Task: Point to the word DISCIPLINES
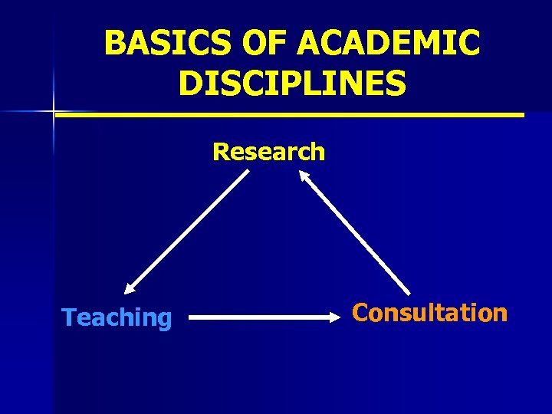pyautogui.click(x=292, y=84)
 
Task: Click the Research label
pyautogui.click(x=269, y=152)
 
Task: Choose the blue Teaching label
pyautogui.click(x=117, y=317)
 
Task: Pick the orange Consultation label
pyautogui.click(x=429, y=313)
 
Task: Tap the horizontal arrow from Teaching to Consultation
pyautogui.click(x=264, y=315)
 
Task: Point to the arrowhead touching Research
pyautogui.click(x=304, y=176)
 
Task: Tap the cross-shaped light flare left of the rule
pyautogui.click(x=54, y=113)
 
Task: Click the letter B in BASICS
pyautogui.click(x=114, y=44)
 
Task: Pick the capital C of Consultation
pyautogui.click(x=360, y=313)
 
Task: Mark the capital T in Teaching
pyautogui.click(x=68, y=317)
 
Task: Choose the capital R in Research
pyautogui.click(x=221, y=152)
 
